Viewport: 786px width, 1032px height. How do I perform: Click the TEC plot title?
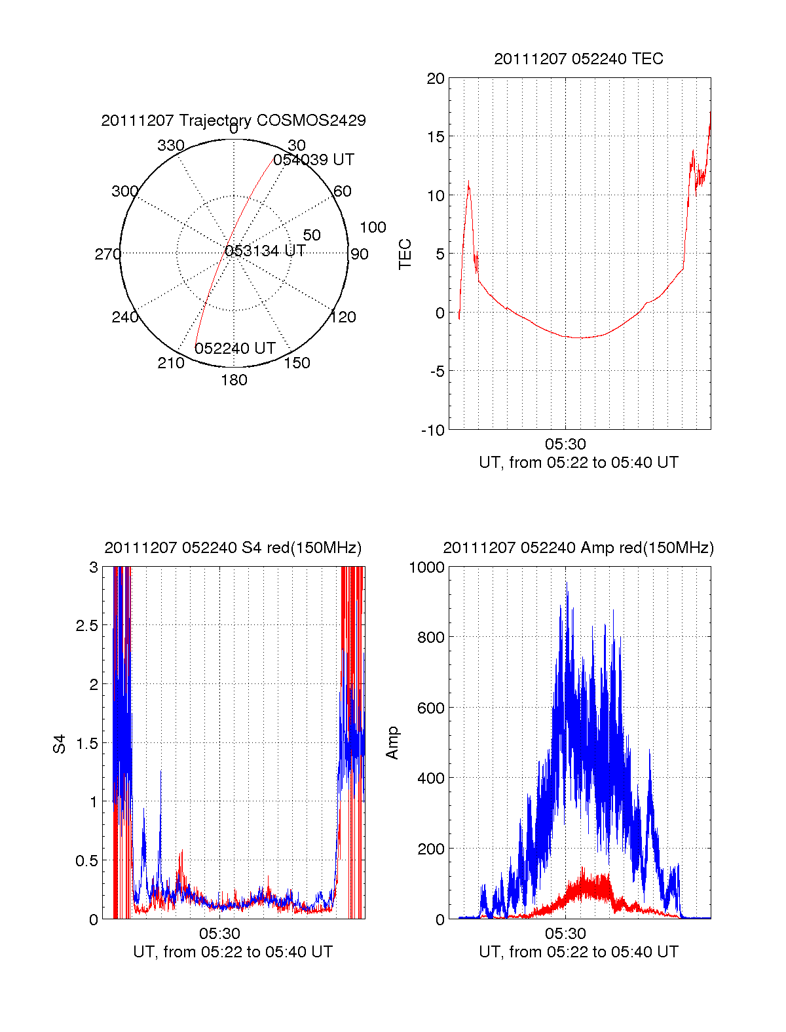(578, 59)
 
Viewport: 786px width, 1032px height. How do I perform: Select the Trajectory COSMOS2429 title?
(233, 121)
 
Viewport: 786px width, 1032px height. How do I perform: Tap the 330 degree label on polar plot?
(171, 145)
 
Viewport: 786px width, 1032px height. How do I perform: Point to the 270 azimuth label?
(107, 254)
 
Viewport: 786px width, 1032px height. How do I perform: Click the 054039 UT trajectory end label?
(314, 160)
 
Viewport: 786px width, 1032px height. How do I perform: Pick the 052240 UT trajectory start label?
(235, 349)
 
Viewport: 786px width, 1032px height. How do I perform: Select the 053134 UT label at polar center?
(265, 251)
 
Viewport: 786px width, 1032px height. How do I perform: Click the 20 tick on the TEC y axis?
(436, 79)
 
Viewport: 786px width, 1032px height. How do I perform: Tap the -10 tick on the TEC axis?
(433, 430)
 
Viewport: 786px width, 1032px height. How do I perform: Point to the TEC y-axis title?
(405, 254)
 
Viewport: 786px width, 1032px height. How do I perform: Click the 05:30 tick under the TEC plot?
(565, 444)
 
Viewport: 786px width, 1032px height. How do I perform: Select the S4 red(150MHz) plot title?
(233, 548)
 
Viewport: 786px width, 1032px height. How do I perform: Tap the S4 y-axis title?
(60, 744)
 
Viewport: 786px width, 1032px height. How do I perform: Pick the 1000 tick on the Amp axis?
(426, 567)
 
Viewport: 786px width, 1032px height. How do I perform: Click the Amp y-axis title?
(392, 743)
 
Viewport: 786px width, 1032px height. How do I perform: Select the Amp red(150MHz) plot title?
(578, 548)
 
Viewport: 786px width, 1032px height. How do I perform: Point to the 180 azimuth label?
(234, 380)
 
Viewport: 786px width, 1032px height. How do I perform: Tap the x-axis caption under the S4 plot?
(233, 952)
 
